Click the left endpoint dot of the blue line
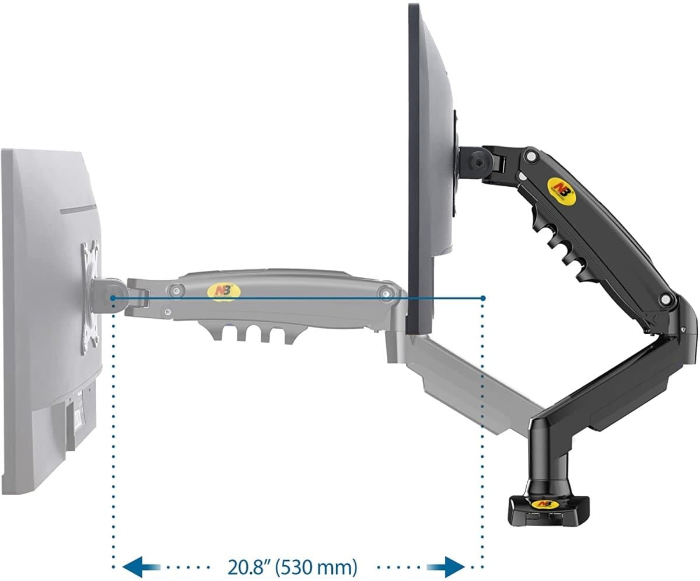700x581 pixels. [x=113, y=298]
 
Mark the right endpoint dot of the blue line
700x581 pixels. [x=483, y=298]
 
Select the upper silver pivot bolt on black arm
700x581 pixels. [x=531, y=156]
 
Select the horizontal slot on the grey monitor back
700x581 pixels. [x=78, y=210]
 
